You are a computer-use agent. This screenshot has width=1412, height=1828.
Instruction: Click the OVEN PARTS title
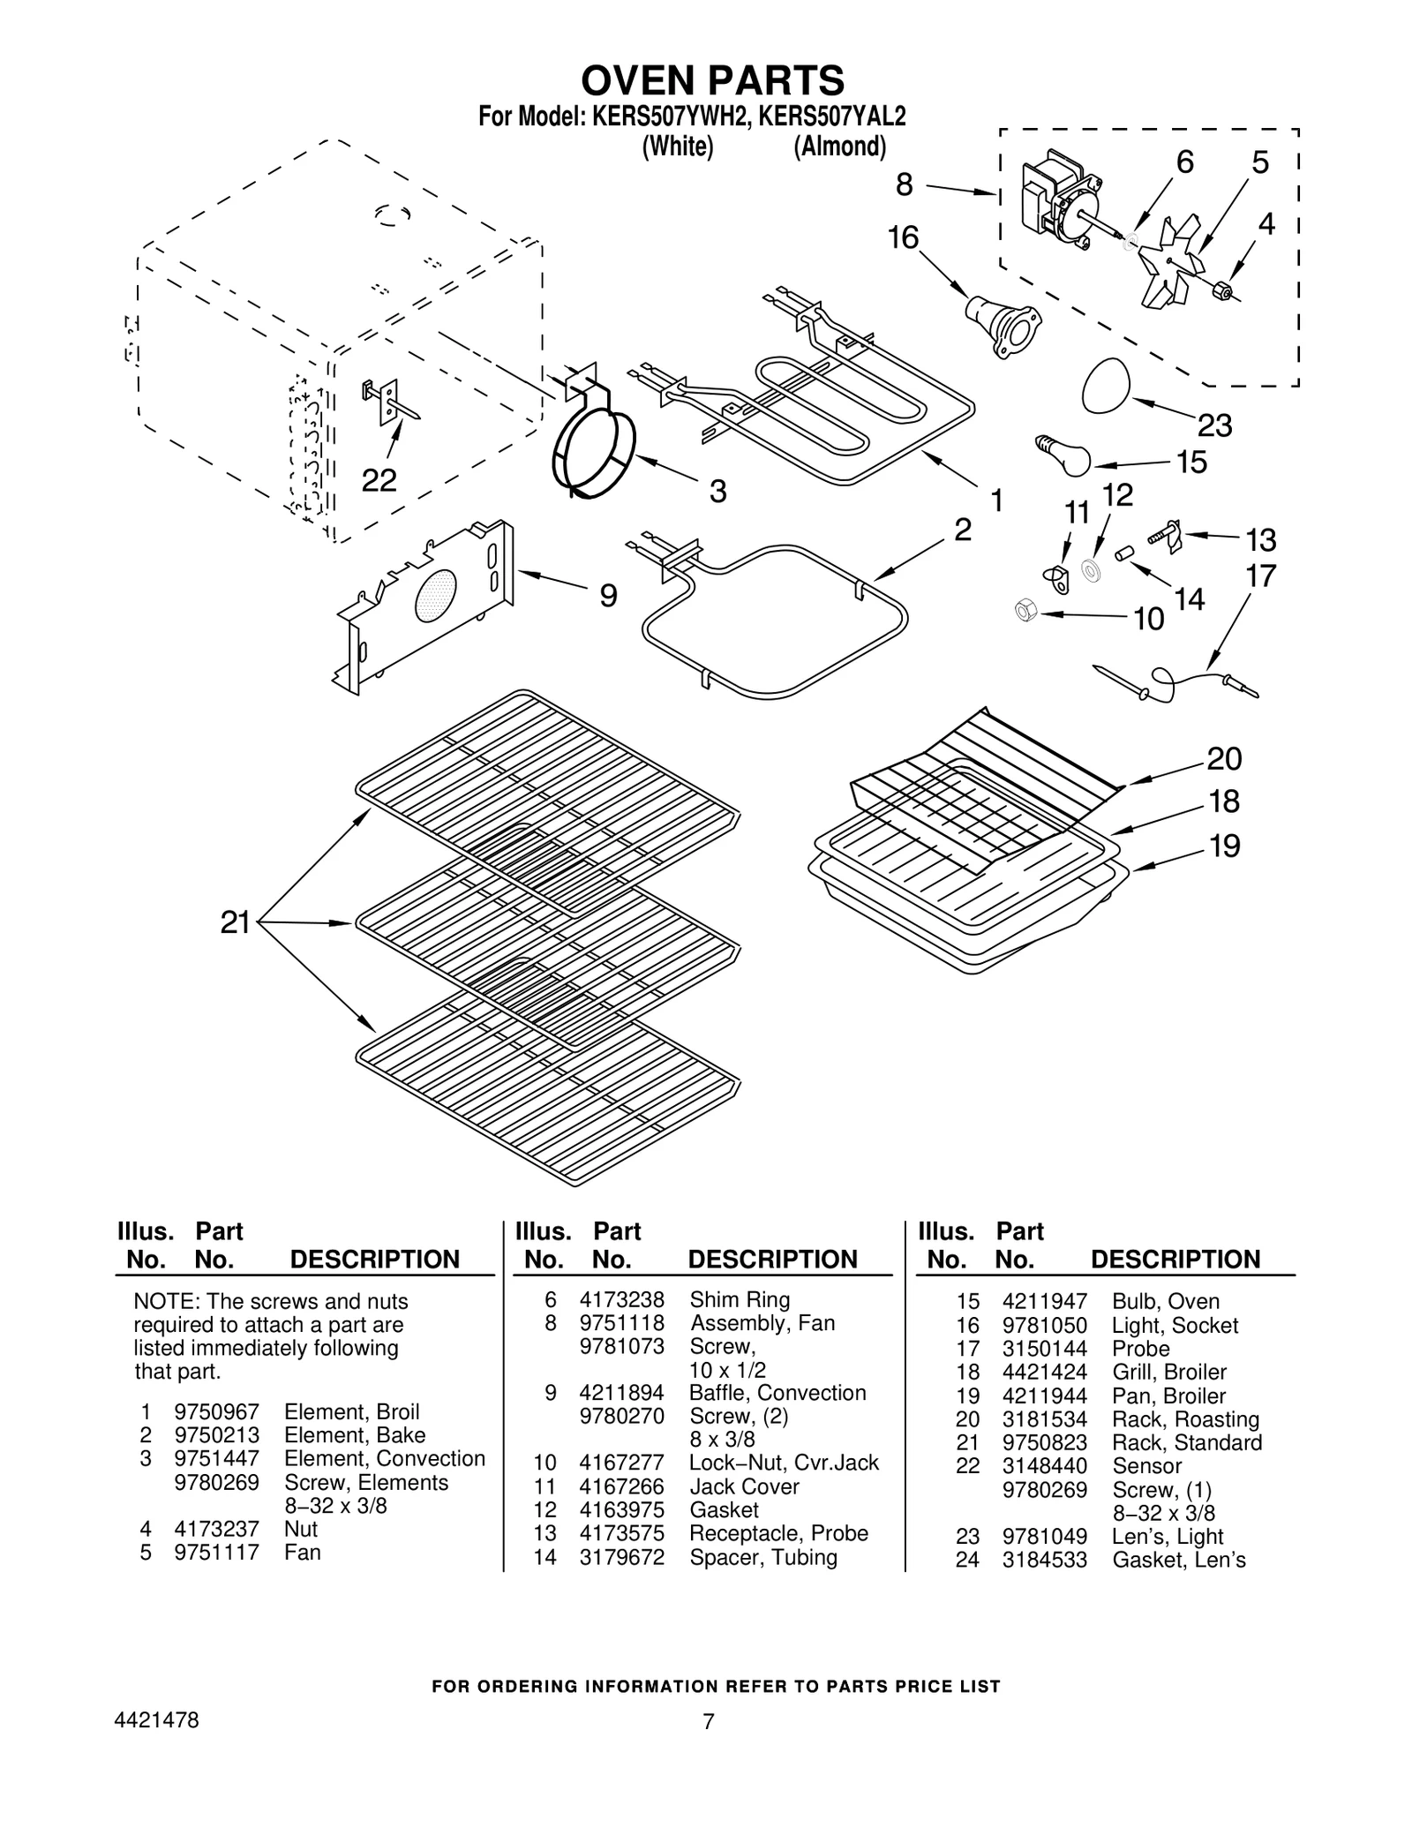(x=711, y=80)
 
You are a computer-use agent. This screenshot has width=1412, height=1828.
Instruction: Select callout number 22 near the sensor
(x=379, y=480)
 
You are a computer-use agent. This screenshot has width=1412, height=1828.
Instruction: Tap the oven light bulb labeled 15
(x=1063, y=455)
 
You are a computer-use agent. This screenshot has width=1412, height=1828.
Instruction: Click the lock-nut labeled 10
(x=1025, y=609)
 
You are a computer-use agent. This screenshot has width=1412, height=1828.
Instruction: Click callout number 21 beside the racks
(x=235, y=923)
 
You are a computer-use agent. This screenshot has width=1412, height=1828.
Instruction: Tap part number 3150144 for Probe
(x=1044, y=1349)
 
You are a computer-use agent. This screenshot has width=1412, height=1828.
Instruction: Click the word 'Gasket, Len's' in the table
(x=1178, y=1560)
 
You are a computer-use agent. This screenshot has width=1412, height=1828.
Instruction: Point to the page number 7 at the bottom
(x=708, y=1721)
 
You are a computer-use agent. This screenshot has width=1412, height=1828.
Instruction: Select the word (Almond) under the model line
(x=838, y=147)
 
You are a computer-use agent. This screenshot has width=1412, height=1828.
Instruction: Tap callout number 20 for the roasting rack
(x=1224, y=758)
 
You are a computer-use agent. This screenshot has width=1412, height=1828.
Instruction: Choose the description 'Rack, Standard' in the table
(x=1186, y=1442)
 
